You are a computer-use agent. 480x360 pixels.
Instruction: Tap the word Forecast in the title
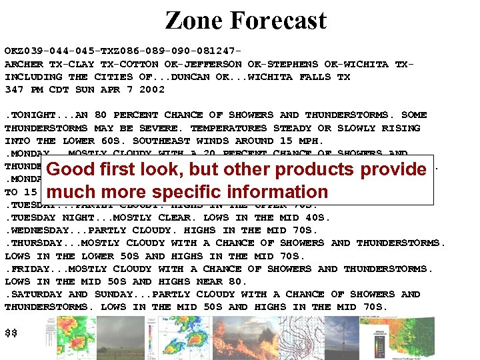point(278,20)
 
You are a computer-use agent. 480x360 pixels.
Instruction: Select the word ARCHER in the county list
point(24,64)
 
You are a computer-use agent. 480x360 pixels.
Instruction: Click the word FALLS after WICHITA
point(315,77)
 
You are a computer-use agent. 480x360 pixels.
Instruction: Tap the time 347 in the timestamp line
point(14,89)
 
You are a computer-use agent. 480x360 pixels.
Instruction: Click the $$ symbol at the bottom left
point(11,331)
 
